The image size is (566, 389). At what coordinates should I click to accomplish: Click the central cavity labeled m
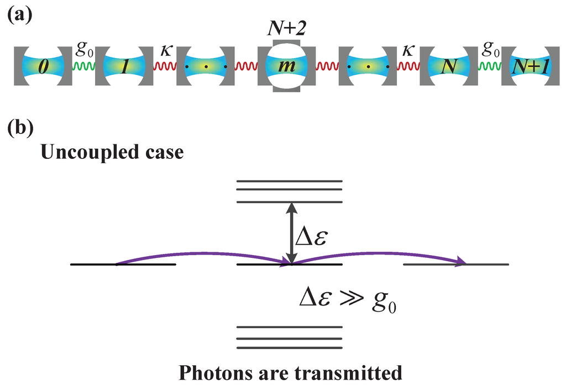[x=286, y=67]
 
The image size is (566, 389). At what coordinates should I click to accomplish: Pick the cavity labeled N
[x=449, y=67]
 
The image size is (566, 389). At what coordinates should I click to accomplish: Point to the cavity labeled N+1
[x=530, y=67]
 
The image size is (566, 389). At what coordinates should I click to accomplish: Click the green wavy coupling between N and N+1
[x=489, y=67]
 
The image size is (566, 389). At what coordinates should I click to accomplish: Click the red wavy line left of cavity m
[x=246, y=67]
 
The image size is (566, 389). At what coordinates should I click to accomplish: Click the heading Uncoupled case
[x=112, y=152]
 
